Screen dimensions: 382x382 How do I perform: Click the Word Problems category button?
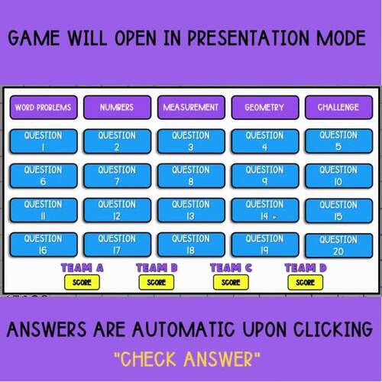pyautogui.click(x=43, y=107)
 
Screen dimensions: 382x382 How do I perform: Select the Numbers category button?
pyautogui.click(x=117, y=107)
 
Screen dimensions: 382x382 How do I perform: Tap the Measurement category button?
pyautogui.click(x=191, y=107)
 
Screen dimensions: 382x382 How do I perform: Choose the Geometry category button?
pyautogui.click(x=264, y=107)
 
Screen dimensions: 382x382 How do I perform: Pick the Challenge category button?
pyautogui.click(x=338, y=107)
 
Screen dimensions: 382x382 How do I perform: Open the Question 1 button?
pyautogui.click(x=43, y=141)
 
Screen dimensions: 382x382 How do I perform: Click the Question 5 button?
pyautogui.click(x=338, y=141)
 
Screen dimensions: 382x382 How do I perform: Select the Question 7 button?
pyautogui.click(x=117, y=176)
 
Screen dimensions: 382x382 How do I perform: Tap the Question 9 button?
pyautogui.click(x=264, y=176)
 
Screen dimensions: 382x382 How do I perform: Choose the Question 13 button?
pyautogui.click(x=191, y=210)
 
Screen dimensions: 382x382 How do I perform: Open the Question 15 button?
pyautogui.click(x=338, y=210)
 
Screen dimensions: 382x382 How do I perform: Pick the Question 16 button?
pyautogui.click(x=43, y=244)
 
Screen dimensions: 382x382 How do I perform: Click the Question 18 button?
pyautogui.click(x=191, y=244)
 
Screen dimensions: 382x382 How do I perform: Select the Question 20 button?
pyautogui.click(x=338, y=245)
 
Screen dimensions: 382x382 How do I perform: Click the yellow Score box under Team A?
pyautogui.click(x=82, y=282)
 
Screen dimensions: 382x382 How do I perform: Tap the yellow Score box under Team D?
pyautogui.click(x=305, y=282)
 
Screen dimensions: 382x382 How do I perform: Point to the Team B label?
pyautogui.click(x=157, y=268)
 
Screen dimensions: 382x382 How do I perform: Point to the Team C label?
pyautogui.click(x=231, y=268)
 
